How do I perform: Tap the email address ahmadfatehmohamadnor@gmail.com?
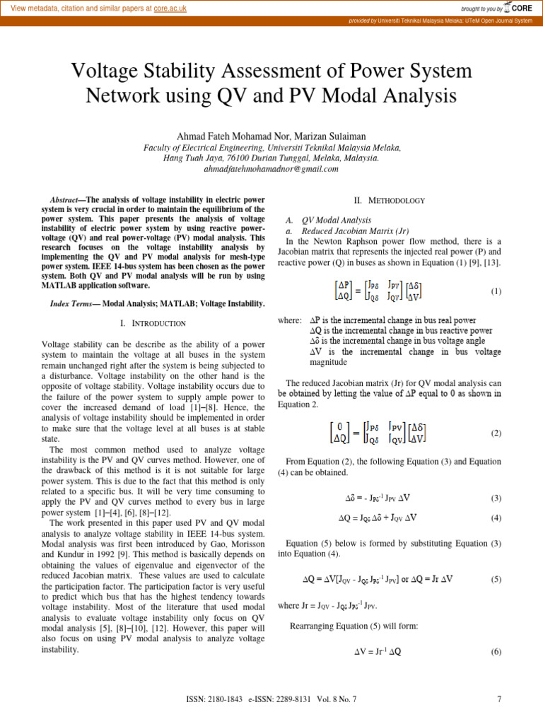click(x=271, y=169)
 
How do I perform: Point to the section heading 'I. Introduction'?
click(x=153, y=323)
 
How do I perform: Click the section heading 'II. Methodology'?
click(x=389, y=200)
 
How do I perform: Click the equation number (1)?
click(x=496, y=291)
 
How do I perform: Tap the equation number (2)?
click(x=496, y=433)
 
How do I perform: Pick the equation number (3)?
click(x=496, y=498)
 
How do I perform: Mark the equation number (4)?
click(x=496, y=518)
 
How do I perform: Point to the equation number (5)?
click(x=496, y=579)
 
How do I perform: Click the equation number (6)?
click(x=496, y=651)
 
